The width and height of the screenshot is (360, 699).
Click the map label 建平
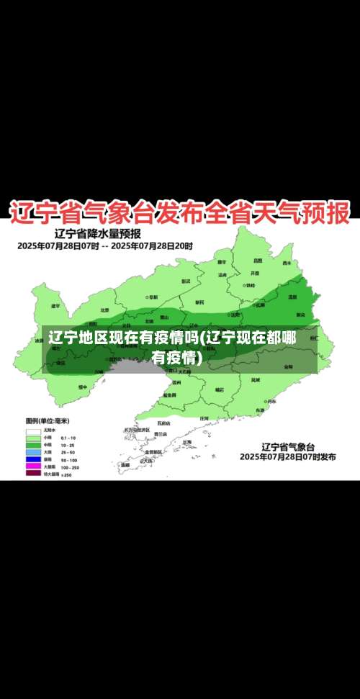[x=56, y=305]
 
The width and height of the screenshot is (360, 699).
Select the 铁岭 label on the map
[x=249, y=285]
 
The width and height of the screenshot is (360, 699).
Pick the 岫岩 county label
[x=220, y=389]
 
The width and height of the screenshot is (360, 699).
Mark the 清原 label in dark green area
[x=292, y=296]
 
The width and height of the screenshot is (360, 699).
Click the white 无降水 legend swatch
[x=33, y=430]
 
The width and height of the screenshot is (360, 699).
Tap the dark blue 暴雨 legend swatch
[x=33, y=459]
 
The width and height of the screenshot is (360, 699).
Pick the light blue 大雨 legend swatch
[x=33, y=451]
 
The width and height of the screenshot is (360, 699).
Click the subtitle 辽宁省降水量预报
[x=97, y=234]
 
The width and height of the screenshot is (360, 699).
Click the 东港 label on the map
[x=260, y=410]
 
